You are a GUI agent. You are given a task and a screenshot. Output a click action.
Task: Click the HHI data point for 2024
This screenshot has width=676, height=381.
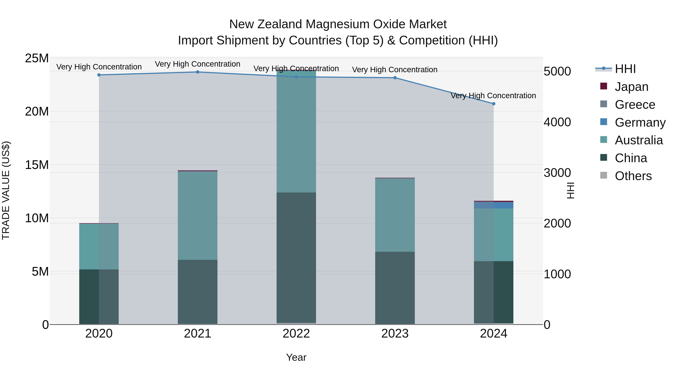493,104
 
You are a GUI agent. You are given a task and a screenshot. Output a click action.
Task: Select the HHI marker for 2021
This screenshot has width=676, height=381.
198,72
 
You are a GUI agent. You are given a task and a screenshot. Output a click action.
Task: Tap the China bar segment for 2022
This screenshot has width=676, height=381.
296,258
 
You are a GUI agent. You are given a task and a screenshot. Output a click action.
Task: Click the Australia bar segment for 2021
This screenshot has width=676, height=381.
198,216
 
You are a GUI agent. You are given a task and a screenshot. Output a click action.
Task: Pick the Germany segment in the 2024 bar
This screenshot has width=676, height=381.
493,205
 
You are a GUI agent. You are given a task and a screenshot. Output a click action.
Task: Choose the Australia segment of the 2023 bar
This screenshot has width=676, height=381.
395,215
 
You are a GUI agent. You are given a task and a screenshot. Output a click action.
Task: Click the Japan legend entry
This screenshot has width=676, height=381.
631,87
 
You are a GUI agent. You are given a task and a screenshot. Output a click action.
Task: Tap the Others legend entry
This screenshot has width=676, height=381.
633,176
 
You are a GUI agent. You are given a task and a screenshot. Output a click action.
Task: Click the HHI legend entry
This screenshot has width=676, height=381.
625,69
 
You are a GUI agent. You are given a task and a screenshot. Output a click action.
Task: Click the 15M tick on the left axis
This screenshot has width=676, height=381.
37,165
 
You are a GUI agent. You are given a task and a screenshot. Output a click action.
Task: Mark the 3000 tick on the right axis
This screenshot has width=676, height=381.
557,173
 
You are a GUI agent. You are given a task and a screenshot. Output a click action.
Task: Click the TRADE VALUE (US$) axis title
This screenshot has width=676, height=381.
6,190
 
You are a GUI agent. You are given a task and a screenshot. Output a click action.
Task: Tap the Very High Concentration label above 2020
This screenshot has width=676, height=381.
99,67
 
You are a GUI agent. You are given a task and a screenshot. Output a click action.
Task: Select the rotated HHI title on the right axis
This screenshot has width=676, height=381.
570,190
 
